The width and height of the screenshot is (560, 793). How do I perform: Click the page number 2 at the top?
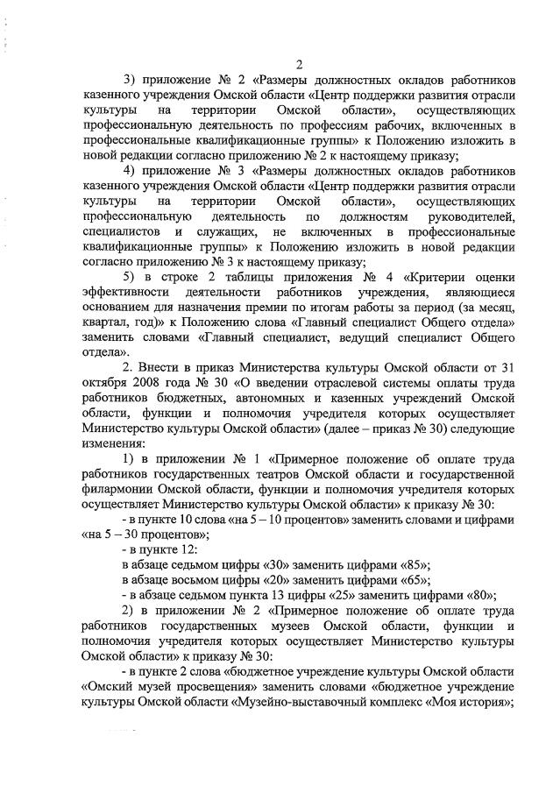click(x=299, y=64)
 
